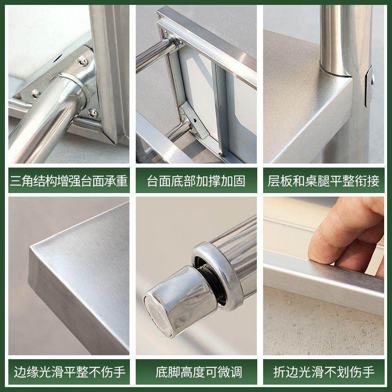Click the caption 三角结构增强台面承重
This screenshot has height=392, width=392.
[69, 181]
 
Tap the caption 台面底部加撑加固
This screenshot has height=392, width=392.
[196, 181]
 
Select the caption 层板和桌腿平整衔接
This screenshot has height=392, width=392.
[323, 181]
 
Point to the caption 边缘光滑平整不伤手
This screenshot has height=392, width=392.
[69, 371]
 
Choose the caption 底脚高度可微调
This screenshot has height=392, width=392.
[196, 371]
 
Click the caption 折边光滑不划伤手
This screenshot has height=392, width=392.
[323, 371]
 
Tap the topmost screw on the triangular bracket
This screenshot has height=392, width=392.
[83, 62]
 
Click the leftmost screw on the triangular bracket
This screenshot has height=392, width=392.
[35, 93]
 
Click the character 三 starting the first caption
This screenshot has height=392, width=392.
[15, 181]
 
